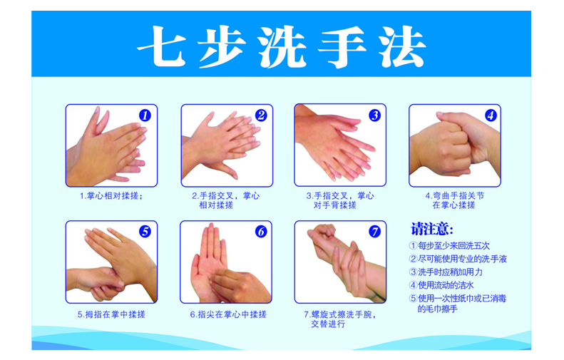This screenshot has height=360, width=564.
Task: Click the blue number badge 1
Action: point(145,115)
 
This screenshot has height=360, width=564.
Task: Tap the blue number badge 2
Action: point(261,115)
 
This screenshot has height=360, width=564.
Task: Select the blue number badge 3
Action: point(374,115)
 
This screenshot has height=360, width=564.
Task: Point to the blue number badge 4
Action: point(491,115)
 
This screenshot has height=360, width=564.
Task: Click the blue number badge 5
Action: point(145,231)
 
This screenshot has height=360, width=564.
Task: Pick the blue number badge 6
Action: point(261,232)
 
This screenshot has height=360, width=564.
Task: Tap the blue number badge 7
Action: point(374,232)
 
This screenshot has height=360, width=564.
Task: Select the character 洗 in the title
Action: point(281,47)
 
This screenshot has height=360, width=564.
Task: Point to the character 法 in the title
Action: point(402,47)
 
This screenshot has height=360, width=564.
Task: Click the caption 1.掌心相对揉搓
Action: point(111,196)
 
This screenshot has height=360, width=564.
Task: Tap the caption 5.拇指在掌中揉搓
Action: point(111,314)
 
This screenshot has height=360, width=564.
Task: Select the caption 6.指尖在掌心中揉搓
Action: point(228,314)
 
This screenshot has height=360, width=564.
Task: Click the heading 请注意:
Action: point(432,229)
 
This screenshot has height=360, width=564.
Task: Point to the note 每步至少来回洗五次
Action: point(450,246)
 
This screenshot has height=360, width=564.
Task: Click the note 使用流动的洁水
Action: point(441,285)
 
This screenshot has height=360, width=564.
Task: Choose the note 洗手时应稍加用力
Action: point(446,272)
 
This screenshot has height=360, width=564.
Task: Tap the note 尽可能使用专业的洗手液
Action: point(458,259)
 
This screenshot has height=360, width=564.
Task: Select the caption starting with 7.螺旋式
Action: point(340,319)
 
